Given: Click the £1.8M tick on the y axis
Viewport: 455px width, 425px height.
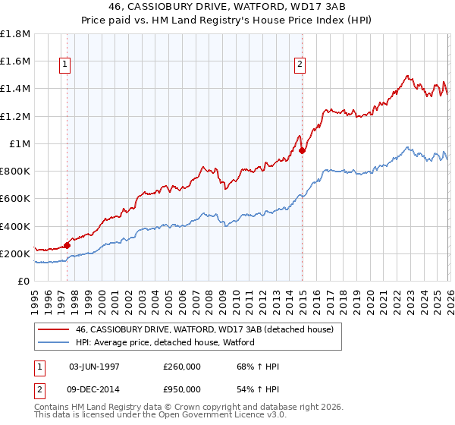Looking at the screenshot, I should pyautogui.click(x=15, y=34).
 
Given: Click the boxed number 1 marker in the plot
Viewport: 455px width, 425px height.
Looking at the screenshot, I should pyautogui.click(x=66, y=65).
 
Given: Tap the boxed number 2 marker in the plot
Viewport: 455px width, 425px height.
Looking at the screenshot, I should pyautogui.click(x=300, y=65).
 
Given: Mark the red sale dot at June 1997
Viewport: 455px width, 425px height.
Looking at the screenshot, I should pyautogui.click(x=67, y=245).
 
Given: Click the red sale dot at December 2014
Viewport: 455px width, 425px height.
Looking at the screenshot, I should pyautogui.click(x=302, y=150).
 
